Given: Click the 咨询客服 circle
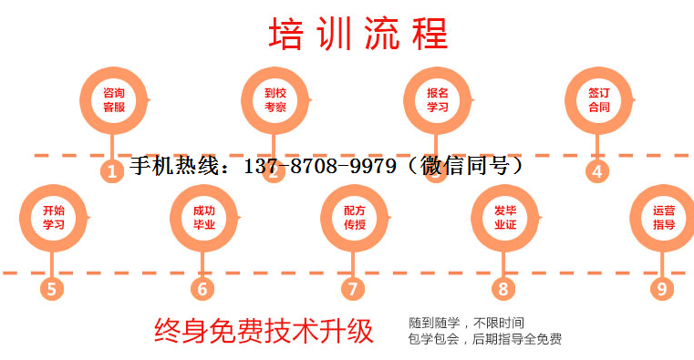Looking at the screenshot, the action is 114,99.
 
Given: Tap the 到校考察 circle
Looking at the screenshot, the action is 275,99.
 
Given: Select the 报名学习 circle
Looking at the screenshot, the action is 438,99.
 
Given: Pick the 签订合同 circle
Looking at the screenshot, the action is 598,99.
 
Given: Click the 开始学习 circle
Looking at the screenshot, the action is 53,217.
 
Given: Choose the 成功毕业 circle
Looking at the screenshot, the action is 204,217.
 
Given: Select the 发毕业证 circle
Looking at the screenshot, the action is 505,217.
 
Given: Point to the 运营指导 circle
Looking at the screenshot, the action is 663,217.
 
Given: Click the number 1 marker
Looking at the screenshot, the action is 112,171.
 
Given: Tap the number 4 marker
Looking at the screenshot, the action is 597,171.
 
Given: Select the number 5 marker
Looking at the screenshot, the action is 52,289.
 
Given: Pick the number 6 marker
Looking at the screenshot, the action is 202,289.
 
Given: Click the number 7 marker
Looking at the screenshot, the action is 353,289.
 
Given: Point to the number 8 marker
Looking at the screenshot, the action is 502,289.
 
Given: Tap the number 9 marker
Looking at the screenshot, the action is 662,289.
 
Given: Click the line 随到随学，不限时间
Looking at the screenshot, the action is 467,323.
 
